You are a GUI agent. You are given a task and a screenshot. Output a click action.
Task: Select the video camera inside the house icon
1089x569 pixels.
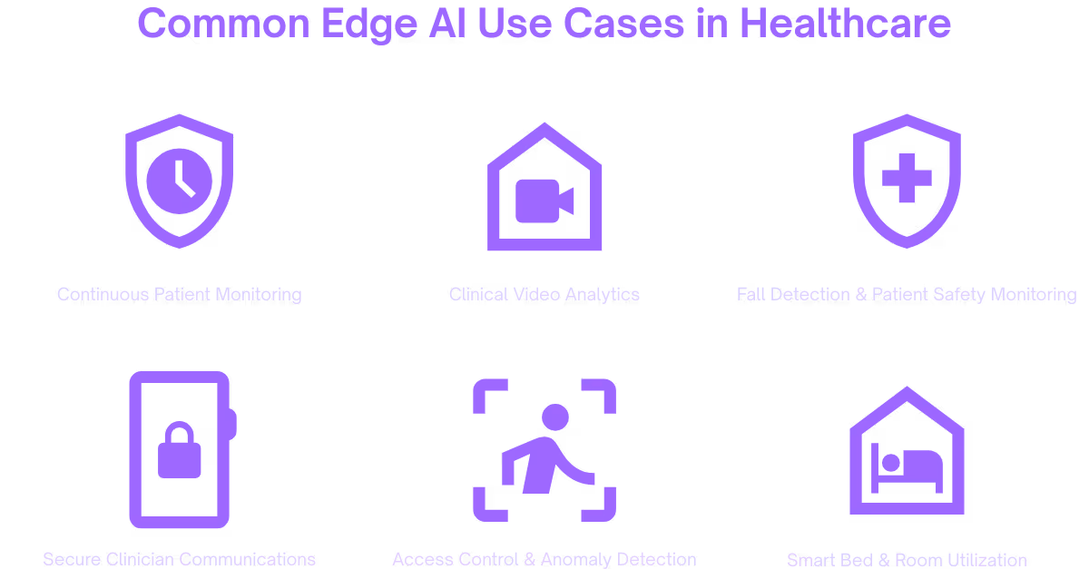tap(544, 201)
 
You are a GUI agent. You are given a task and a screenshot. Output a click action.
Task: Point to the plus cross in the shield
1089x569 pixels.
tap(907, 177)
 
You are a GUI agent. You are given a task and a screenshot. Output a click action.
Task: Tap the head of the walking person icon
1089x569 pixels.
tap(554, 417)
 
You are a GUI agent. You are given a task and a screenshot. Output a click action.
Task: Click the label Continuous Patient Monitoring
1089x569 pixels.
tap(179, 294)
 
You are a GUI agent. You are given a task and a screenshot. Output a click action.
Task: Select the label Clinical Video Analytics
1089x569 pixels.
tap(544, 294)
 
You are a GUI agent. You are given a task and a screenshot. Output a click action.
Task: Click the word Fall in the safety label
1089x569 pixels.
tap(751, 294)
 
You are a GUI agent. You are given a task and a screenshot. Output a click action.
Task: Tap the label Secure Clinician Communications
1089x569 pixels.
tap(179, 558)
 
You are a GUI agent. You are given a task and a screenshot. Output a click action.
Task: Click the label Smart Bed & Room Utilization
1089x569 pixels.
tap(907, 559)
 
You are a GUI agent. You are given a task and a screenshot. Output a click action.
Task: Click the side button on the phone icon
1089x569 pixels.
tap(232, 424)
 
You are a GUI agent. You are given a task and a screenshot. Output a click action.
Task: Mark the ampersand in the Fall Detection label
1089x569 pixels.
tap(861, 294)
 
